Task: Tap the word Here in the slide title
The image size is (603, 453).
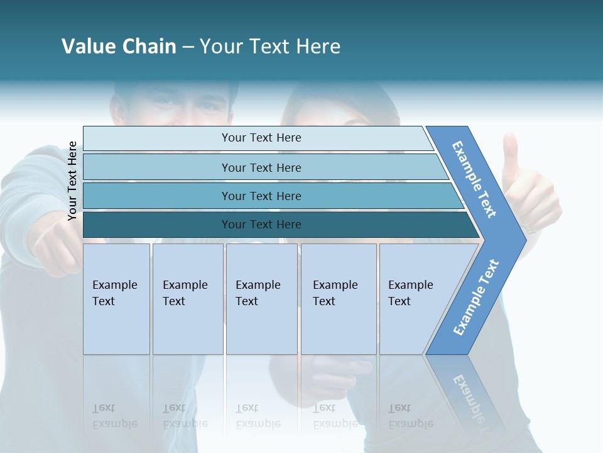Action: click(318, 47)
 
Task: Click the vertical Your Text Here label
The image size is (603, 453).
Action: click(73, 181)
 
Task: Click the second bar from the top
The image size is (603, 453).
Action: click(261, 167)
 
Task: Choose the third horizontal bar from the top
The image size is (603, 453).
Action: click(261, 196)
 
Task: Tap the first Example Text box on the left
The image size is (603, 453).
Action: click(116, 298)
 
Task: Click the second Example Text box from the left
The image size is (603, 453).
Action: click(187, 298)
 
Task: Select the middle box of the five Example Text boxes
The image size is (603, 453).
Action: click(261, 298)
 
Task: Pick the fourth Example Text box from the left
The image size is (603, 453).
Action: click(338, 298)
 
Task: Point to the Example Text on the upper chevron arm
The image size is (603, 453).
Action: click(475, 179)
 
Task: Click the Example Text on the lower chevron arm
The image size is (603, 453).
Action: click(476, 297)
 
